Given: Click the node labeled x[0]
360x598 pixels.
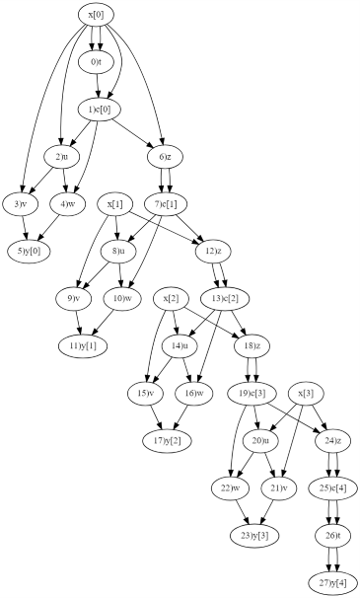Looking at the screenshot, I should (x=97, y=16).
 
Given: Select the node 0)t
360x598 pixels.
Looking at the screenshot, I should (x=97, y=62).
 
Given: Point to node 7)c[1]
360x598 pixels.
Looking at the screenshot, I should (x=164, y=203).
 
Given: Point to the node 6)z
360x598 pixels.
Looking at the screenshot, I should (x=164, y=157).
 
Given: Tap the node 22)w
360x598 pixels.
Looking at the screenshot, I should (x=225, y=487).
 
